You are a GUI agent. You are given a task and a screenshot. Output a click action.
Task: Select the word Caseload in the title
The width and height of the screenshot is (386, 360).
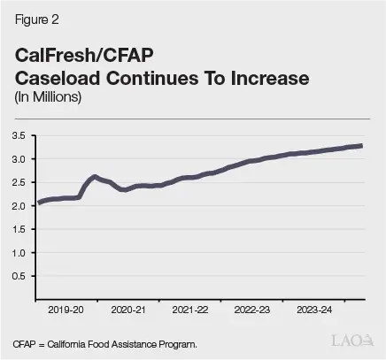click(58, 78)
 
